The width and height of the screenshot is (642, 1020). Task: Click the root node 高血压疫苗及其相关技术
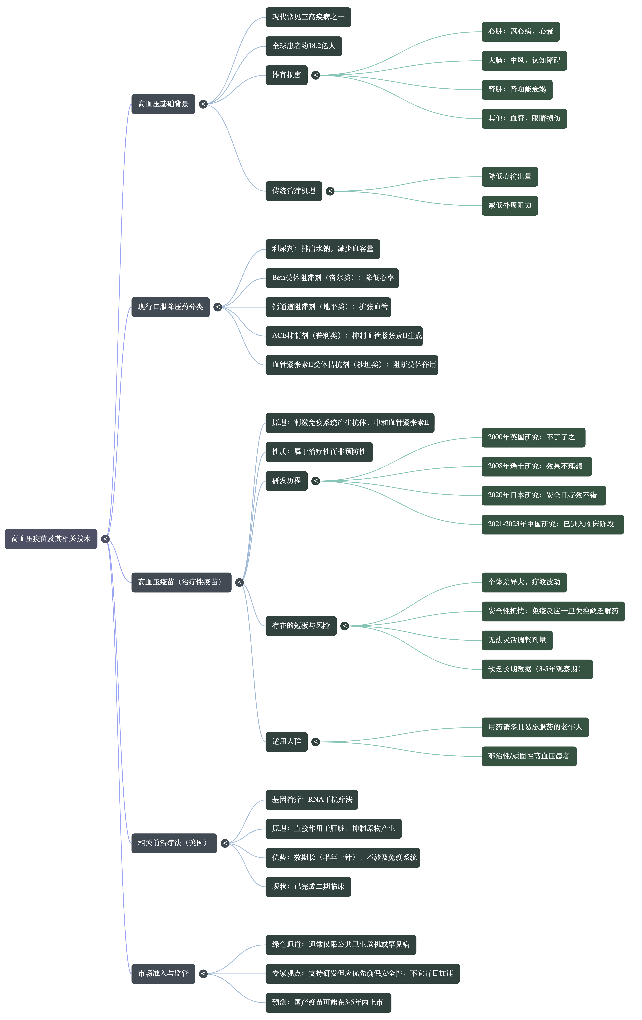point(51,539)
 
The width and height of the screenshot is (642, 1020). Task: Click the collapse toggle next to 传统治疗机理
point(330,191)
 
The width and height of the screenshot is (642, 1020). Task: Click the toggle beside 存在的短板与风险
point(345,626)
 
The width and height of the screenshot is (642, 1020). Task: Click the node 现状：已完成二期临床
point(308,887)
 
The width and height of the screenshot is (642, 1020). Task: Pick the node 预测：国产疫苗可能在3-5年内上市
point(328,1003)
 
